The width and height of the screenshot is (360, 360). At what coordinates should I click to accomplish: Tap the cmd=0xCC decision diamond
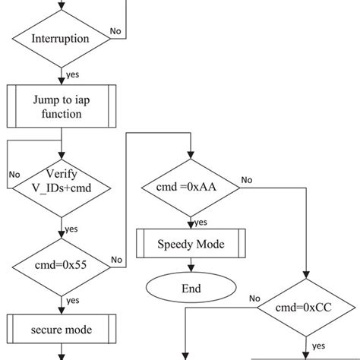click(307, 308)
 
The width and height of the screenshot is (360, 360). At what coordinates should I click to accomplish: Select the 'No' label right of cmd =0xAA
click(247, 180)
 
